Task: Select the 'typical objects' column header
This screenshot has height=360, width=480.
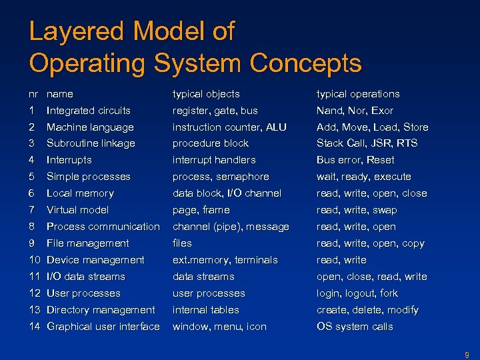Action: (x=206, y=94)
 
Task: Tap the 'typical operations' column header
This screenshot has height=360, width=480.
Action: (x=358, y=94)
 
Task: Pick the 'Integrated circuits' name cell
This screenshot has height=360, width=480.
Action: (x=89, y=111)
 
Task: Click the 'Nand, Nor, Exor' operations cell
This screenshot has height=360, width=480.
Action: (x=355, y=111)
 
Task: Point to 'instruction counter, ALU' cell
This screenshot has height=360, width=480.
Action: (x=229, y=127)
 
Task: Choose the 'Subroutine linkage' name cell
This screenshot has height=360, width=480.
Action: (x=91, y=143)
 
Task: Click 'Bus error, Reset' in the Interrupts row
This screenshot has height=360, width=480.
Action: (x=355, y=160)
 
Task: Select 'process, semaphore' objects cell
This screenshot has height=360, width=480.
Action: (x=221, y=177)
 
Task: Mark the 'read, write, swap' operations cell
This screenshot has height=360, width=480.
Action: (x=357, y=210)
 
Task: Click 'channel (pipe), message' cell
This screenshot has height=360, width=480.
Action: (x=231, y=227)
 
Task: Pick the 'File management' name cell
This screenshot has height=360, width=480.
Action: (x=88, y=243)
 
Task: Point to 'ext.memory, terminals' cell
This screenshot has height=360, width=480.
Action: (x=225, y=260)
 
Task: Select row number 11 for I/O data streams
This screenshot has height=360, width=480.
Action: (x=35, y=277)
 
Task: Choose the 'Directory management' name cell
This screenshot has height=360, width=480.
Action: (x=101, y=310)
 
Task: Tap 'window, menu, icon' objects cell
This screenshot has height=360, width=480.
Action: (x=219, y=327)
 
